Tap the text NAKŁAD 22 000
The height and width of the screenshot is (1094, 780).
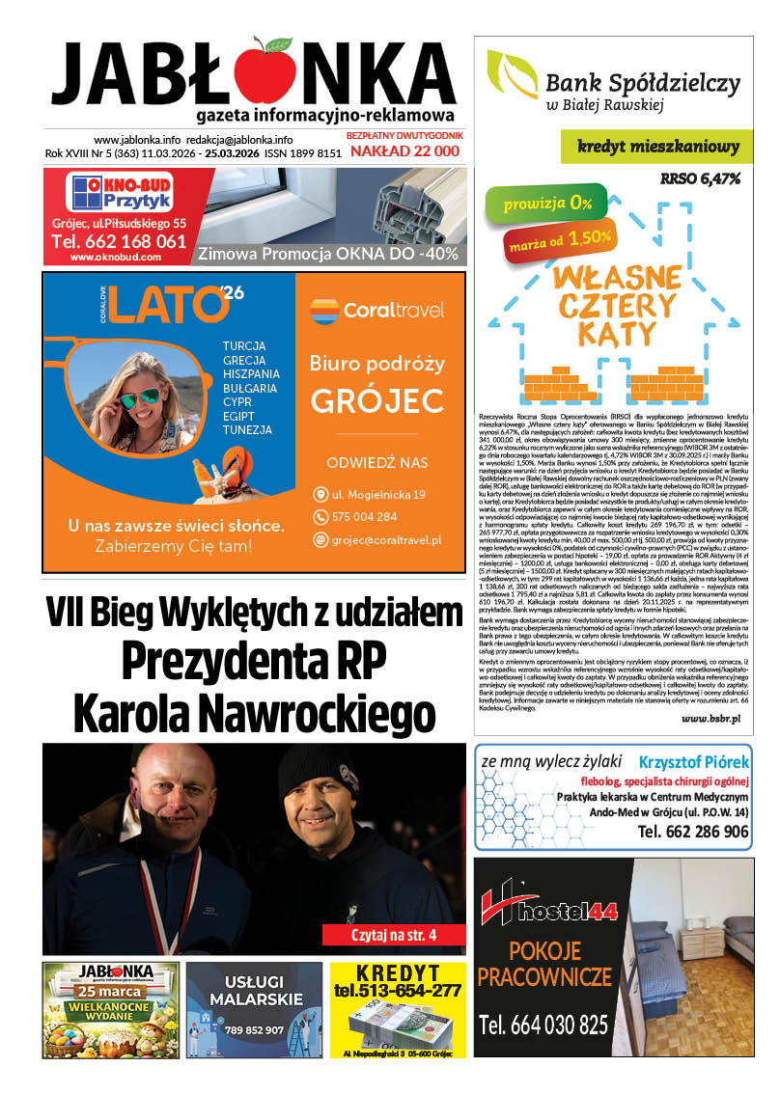coord(404,151)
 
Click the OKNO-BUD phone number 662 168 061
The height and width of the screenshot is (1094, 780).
coord(119,241)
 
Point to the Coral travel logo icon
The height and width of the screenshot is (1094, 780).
coord(324,311)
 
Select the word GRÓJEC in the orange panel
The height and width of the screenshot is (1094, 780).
coord(377,399)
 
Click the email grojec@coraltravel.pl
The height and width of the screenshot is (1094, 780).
coord(386,539)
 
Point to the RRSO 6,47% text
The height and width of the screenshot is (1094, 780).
coord(700,178)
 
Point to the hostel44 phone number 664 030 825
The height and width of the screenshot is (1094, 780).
coord(544,1025)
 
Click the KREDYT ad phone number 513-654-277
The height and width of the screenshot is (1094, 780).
coord(398,990)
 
